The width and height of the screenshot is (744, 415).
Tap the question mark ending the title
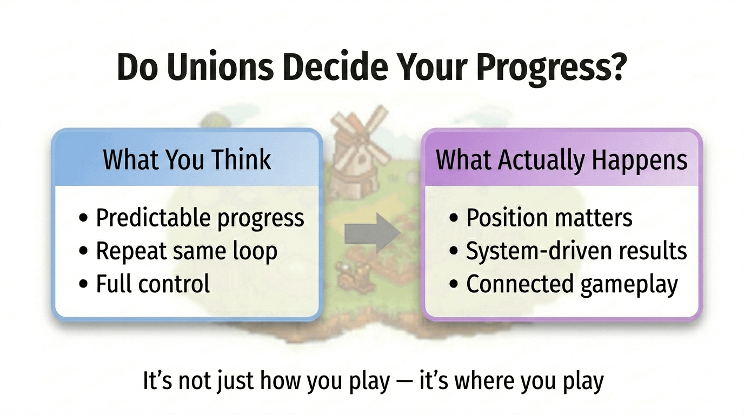(618, 66)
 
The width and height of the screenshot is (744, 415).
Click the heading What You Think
(187, 160)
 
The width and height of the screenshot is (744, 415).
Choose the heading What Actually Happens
(561, 160)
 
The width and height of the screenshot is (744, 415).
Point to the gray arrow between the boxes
(373, 233)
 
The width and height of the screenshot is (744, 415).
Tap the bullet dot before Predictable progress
(83, 218)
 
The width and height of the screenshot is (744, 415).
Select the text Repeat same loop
(187, 252)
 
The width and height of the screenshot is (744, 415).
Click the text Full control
(153, 284)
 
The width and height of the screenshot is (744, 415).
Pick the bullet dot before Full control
(83, 284)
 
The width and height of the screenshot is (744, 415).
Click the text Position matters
(549, 218)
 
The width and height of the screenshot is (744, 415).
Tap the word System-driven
(540, 252)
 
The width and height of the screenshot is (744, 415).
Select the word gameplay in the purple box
(629, 285)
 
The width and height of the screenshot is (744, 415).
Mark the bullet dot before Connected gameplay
(453, 284)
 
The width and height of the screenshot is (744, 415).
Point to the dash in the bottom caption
(404, 381)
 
